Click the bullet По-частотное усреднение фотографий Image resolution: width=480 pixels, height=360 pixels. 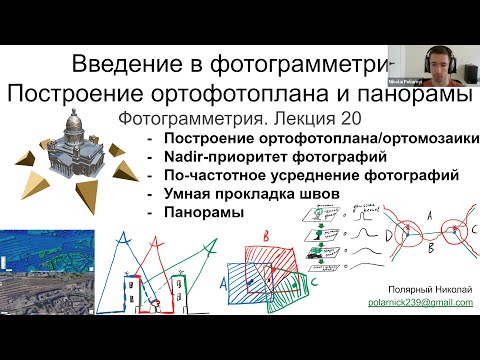click(269, 174)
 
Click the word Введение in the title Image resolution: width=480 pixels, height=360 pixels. click(124, 66)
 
